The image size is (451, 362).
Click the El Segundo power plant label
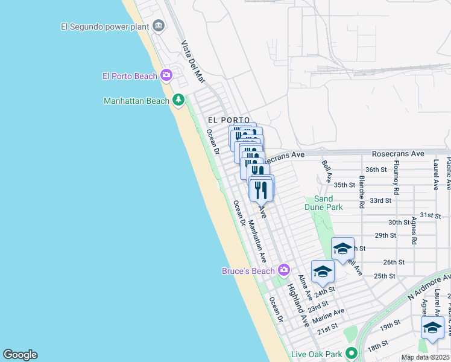pyautogui.click(x=105, y=26)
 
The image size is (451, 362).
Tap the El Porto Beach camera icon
pyautogui.click(x=167, y=75)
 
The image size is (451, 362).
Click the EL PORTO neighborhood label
pyautogui.click(x=229, y=121)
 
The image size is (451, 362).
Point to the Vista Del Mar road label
pyautogui.click(x=194, y=62)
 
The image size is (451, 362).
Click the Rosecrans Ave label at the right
pyautogui.click(x=398, y=154)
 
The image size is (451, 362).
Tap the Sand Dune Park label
pyautogui.click(x=328, y=203)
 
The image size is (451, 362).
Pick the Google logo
pyautogui.click(x=20, y=355)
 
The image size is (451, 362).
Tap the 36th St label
pyautogui.click(x=376, y=170)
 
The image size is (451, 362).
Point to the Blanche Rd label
pyautogui.click(x=361, y=192)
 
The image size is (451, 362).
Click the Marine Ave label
pyautogui.click(x=329, y=315)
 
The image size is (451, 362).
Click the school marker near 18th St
pyautogui.click(x=432, y=328)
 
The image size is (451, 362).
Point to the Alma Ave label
pyautogui.click(x=305, y=287)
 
